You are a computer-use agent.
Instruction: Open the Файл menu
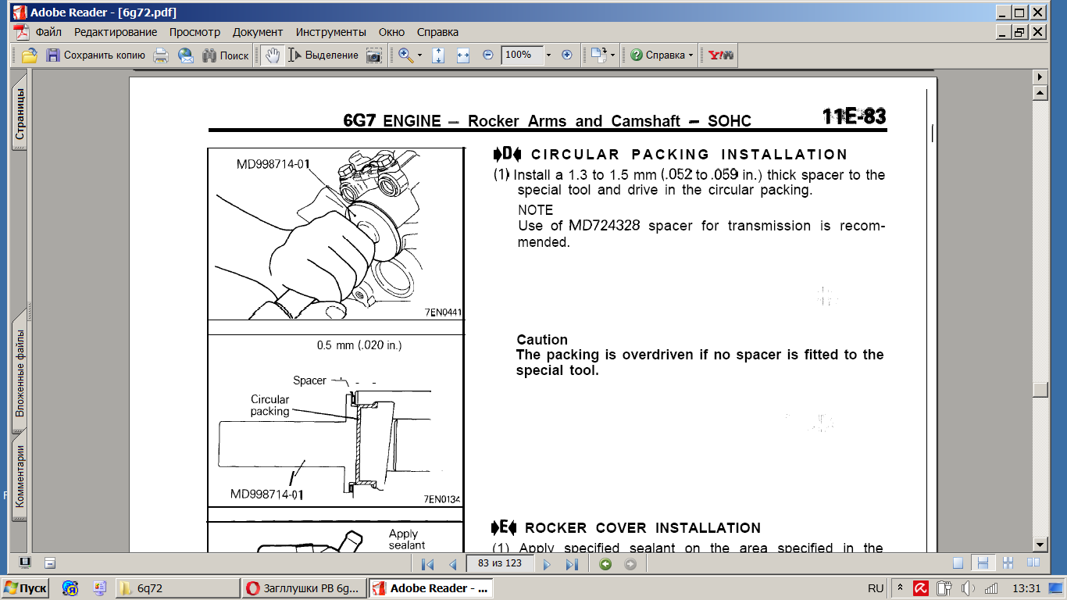pyautogui.click(x=48, y=32)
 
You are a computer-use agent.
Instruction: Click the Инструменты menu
pyautogui.click(x=330, y=32)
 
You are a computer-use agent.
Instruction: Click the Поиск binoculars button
pyautogui.click(x=225, y=55)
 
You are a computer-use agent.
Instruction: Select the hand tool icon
pyautogui.click(x=273, y=55)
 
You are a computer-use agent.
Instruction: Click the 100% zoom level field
pyautogui.click(x=522, y=55)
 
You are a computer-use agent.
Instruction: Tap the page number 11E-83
pyautogui.click(x=854, y=116)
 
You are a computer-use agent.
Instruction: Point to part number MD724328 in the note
pyautogui.click(x=604, y=225)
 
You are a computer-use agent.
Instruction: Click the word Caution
pyautogui.click(x=542, y=339)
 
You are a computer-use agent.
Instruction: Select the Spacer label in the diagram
pyautogui.click(x=309, y=380)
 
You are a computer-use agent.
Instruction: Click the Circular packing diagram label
pyautogui.click(x=269, y=405)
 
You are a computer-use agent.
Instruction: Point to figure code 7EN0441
pyautogui.click(x=443, y=312)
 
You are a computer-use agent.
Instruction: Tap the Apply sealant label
pyautogui.click(x=406, y=540)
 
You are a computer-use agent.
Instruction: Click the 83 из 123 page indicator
pyautogui.click(x=500, y=563)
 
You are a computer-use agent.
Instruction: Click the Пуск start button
pyautogui.click(x=26, y=588)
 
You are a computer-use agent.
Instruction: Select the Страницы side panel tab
pyautogui.click(x=20, y=113)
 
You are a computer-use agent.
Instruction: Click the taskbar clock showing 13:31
pyautogui.click(x=1026, y=588)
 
